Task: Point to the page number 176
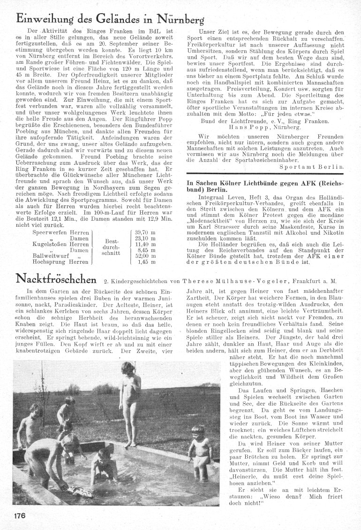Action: pyautogui.click(x=17, y=515)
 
